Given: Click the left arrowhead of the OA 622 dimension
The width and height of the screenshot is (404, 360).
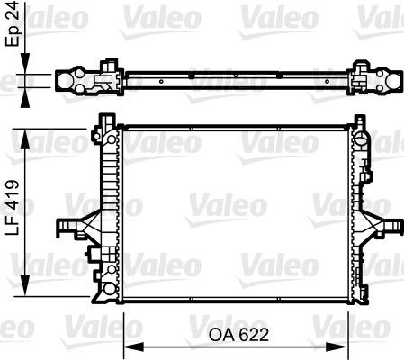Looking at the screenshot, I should pyautogui.click(x=128, y=346).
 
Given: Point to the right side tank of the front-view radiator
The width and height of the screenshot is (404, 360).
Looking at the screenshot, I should pyautogui.click(x=359, y=211).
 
